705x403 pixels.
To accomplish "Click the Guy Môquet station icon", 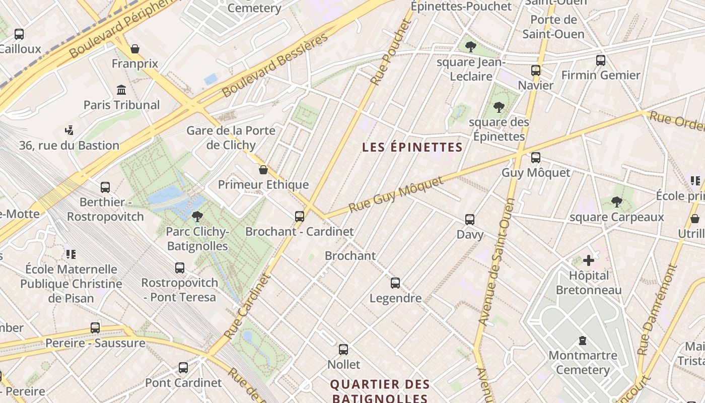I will click(x=536, y=158).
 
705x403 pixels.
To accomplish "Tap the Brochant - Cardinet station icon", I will click(x=300, y=217).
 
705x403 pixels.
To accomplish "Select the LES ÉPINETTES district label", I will click(x=412, y=147).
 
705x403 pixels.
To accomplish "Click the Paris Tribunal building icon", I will click(x=121, y=90).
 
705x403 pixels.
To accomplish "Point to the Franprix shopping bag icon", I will click(x=135, y=49).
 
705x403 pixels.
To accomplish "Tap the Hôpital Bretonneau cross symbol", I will click(x=588, y=260).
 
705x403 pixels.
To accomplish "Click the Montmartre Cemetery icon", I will click(x=583, y=341).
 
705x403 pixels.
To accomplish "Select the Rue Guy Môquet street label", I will click(x=396, y=194).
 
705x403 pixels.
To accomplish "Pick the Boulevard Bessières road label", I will click(x=275, y=65).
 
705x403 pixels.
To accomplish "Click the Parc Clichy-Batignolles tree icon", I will click(x=197, y=217).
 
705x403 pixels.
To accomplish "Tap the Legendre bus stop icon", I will click(x=395, y=283).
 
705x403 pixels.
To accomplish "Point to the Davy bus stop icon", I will click(x=470, y=220).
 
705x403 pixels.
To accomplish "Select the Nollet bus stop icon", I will click(x=343, y=349).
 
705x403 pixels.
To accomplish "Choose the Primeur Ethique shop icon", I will click(x=263, y=170).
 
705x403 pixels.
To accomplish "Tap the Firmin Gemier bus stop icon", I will click(x=600, y=60).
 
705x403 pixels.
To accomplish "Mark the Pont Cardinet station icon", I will click(x=183, y=368).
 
